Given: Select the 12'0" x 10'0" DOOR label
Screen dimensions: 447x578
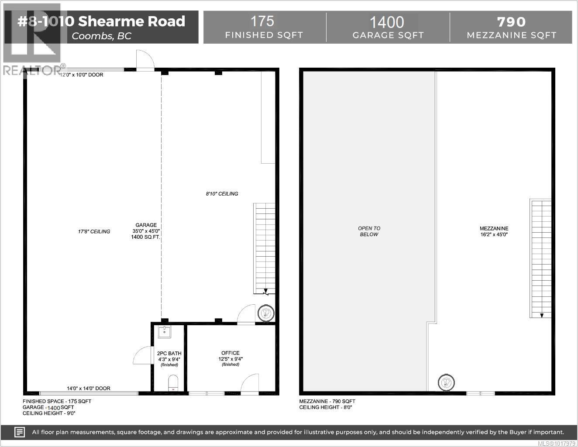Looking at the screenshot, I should [x=81, y=75].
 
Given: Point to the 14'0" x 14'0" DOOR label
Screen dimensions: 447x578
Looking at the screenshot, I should [x=88, y=388].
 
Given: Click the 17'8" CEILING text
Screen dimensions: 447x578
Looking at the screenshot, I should [x=94, y=231].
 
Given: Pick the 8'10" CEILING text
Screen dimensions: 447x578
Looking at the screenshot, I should [x=222, y=193].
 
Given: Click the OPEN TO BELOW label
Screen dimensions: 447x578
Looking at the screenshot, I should [x=369, y=231].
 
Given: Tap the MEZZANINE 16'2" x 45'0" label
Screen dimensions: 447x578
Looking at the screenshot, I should [x=494, y=231].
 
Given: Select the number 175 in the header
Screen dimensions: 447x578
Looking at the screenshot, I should [x=262, y=21].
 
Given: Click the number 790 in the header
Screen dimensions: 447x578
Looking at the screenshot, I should [x=511, y=22].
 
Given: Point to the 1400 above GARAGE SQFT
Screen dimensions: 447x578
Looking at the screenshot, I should [x=387, y=22].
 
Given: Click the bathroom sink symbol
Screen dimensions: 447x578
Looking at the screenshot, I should [x=165, y=331].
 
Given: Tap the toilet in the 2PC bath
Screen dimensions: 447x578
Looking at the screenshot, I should [x=173, y=383].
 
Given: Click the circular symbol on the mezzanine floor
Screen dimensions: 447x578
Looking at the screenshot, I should [x=447, y=382].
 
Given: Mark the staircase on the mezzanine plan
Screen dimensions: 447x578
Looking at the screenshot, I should [x=541, y=258].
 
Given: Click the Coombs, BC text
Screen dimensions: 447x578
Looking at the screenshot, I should [x=101, y=36].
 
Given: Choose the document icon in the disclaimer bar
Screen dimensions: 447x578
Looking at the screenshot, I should [x=20, y=432].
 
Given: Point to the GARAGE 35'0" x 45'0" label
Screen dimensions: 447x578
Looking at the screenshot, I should [x=146, y=231].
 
